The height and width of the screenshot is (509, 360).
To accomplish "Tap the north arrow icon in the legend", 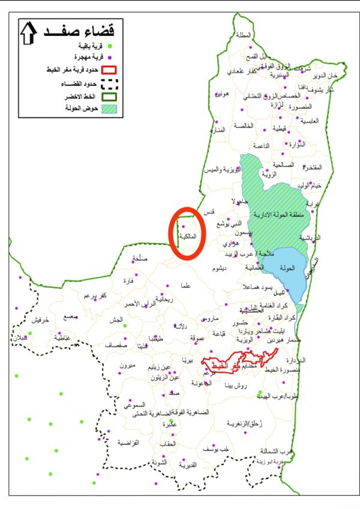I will [x=28, y=34].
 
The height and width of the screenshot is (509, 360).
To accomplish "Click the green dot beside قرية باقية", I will [x=110, y=46].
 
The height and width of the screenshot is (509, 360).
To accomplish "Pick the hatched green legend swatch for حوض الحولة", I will [x=109, y=109].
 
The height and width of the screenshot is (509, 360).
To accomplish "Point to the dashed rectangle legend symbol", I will [x=109, y=82].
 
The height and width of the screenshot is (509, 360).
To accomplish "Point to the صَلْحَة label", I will [x=142, y=258].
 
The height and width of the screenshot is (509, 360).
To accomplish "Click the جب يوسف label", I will [x=217, y=449].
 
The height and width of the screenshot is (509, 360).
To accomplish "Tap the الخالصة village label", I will [x=247, y=126].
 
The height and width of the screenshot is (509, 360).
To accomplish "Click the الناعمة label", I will [x=262, y=146].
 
